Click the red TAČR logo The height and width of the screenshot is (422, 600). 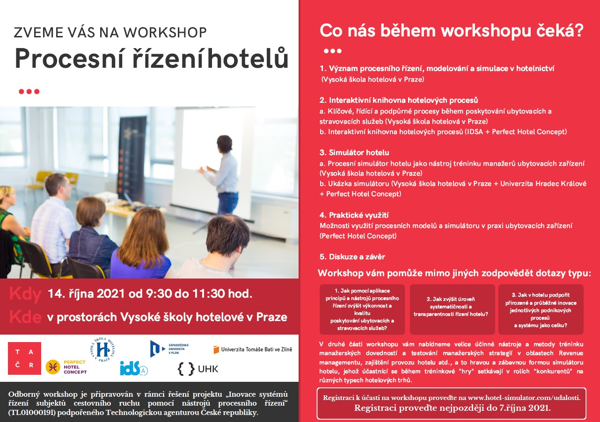tap(24, 358)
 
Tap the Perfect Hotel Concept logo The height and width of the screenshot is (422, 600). tap(66, 367)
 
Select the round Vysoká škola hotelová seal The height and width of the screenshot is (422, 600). tap(102, 350)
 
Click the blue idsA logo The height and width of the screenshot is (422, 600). tap(134, 368)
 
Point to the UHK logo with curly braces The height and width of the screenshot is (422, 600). tap(198, 369)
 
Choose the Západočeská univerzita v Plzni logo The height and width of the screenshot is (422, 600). tap(169, 349)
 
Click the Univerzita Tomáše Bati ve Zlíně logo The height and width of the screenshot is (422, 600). tap(253, 349)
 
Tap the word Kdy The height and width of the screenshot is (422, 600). tap(25, 294)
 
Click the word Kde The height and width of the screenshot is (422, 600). tap(25, 317)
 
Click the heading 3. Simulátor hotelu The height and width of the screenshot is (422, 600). tap(354, 152)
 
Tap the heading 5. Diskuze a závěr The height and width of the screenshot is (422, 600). tap(352, 257)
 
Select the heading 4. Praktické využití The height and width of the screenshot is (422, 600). tap(354, 215)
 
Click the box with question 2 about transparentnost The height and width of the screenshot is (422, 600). tap(453, 309)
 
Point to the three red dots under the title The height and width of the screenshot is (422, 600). tap(29, 92)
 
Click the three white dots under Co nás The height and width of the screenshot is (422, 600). tap(333, 51)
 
